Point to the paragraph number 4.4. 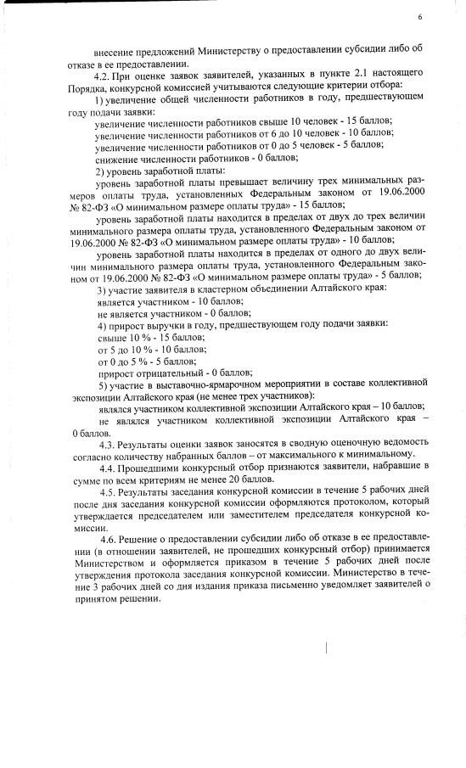point(108,468)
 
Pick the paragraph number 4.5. point(108,491)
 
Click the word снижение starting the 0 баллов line point(116,160)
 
